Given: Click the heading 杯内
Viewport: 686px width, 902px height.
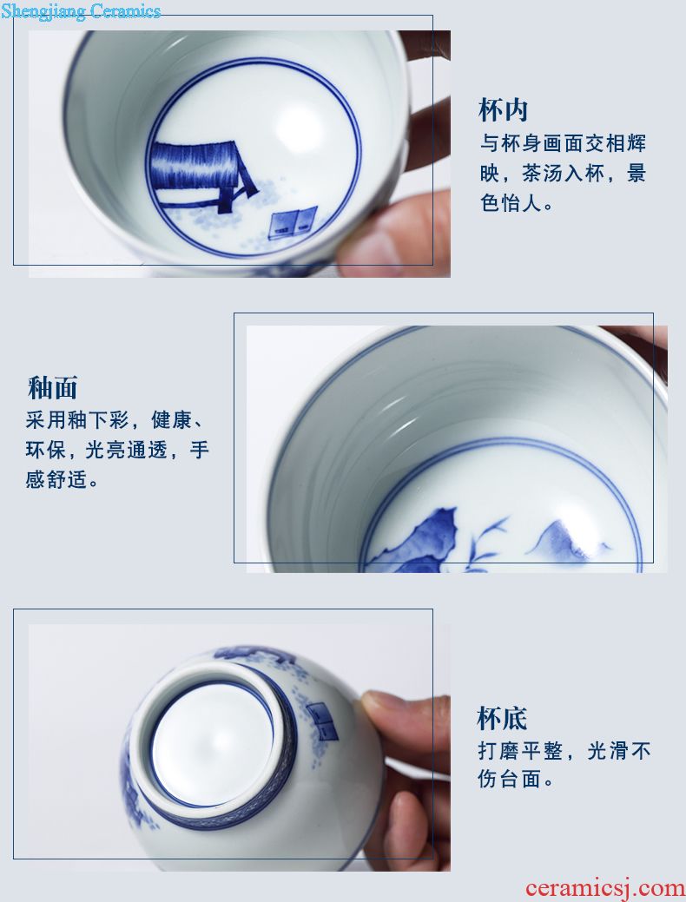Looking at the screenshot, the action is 503,110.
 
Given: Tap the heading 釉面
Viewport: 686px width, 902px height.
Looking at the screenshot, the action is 52,388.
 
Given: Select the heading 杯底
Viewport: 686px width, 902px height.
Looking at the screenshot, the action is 503,718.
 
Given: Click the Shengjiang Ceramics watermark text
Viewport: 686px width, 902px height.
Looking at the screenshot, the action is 81,10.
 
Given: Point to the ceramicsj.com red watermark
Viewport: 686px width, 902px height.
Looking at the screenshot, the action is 605,888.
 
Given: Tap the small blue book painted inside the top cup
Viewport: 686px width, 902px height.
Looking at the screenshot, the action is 293,222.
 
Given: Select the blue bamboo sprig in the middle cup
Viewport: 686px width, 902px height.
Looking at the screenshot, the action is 487,543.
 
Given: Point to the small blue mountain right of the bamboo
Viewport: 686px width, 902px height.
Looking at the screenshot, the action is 567,541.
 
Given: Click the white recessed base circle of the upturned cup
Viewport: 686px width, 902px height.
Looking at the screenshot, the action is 212,743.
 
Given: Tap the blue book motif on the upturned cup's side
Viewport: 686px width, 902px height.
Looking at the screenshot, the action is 323,721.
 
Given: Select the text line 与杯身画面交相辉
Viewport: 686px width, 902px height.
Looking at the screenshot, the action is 564,144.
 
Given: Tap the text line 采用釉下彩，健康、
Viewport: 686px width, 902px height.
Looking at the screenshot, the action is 115,420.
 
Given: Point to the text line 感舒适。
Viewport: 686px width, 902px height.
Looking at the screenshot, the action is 63,479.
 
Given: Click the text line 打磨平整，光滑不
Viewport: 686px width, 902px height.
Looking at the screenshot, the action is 564,751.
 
